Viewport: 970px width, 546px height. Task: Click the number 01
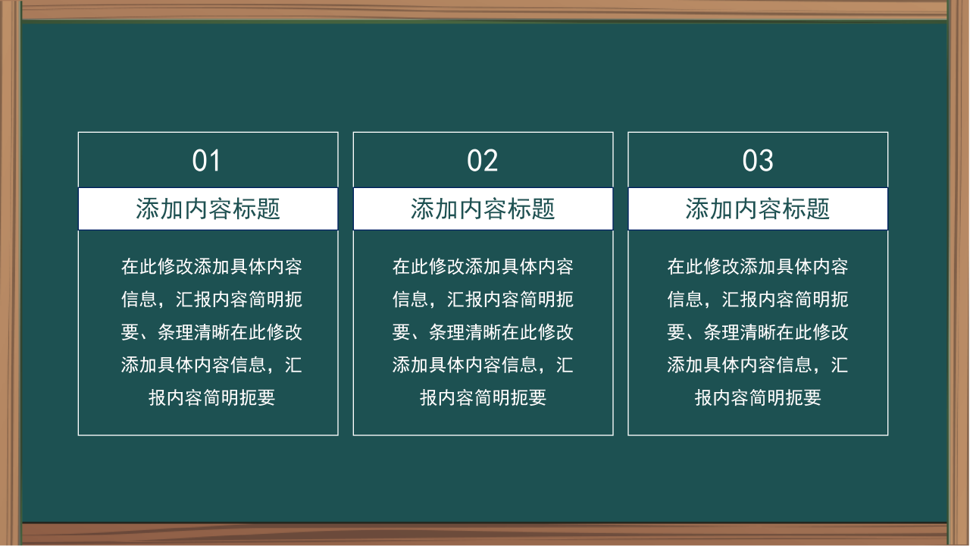pos(206,161)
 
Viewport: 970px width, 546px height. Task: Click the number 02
pos(482,161)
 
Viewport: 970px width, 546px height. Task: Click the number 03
pos(757,161)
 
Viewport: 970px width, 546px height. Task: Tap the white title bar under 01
pos(208,209)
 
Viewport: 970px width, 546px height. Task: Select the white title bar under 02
pos(483,209)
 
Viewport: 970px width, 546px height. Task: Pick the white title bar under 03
pos(758,209)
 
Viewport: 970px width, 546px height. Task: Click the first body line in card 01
pos(211,267)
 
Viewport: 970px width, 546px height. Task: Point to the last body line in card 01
pos(211,397)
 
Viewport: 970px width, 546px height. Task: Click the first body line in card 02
pos(483,267)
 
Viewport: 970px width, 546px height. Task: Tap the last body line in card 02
pos(483,397)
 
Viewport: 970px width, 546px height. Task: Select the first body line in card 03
pos(758,267)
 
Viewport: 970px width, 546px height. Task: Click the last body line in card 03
pos(758,397)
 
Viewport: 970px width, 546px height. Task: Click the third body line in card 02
pos(483,332)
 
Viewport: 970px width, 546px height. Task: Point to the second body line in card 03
pos(758,300)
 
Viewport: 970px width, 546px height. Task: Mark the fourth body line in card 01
pos(211,365)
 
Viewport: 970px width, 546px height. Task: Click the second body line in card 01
pos(211,300)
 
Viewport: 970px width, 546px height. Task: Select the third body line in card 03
pos(758,332)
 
